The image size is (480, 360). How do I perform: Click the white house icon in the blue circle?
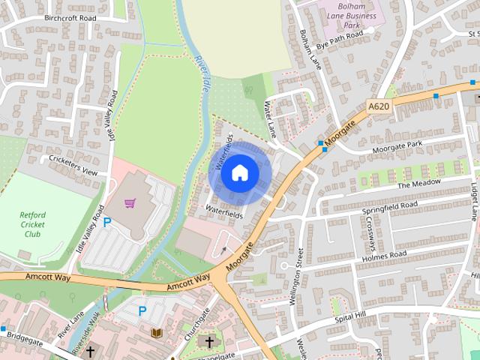click(x=239, y=172)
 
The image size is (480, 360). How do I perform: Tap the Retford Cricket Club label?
click(x=32, y=224)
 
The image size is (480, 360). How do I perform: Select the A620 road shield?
click(x=379, y=107)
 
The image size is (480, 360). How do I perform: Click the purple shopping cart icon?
click(x=130, y=203)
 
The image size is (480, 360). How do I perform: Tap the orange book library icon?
click(x=157, y=332)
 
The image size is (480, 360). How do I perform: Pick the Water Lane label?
click(x=271, y=120)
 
